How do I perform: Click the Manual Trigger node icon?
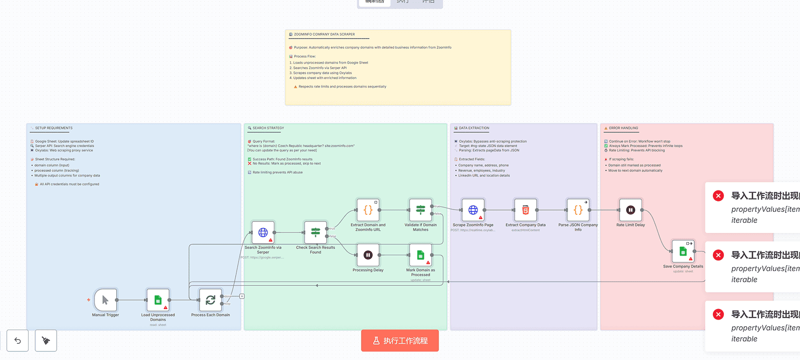(x=105, y=300)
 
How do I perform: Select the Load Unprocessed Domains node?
(x=158, y=300)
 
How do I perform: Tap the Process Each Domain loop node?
(x=210, y=300)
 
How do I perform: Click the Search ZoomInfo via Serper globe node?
(x=263, y=232)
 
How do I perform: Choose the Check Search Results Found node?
(x=315, y=232)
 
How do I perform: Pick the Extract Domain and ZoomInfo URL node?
(x=368, y=210)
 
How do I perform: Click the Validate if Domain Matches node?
(x=420, y=210)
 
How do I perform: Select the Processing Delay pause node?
(x=368, y=255)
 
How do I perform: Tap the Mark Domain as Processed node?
(x=420, y=255)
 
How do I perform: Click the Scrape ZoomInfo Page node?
(x=473, y=210)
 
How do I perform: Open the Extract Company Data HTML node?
(x=526, y=210)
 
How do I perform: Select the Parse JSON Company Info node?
(x=578, y=210)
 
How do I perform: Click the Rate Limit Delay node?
(x=630, y=210)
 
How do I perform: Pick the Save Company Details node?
(x=683, y=251)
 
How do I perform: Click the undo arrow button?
(x=18, y=340)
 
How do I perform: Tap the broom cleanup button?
(x=46, y=340)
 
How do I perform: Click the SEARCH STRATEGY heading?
(x=268, y=128)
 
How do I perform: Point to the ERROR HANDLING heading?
(x=623, y=128)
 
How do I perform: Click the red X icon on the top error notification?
(x=719, y=196)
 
